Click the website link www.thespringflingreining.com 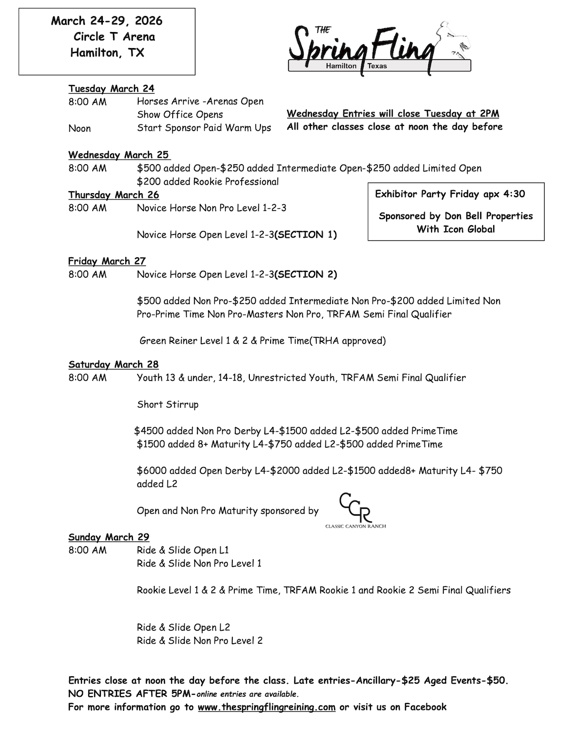[266, 707]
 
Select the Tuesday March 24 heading [111, 88]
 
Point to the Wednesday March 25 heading [119, 155]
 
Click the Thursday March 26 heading [113, 195]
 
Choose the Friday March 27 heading [107, 261]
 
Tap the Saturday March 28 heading [113, 365]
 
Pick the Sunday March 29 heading [109, 537]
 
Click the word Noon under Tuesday [80, 128]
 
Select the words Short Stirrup [167, 404]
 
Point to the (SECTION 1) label [306, 235]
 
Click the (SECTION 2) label [306, 274]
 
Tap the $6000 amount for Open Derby [152, 470]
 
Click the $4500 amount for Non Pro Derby [150, 431]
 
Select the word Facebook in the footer [425, 707]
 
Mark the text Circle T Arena [114, 37]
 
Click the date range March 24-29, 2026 [107, 21]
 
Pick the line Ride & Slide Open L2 [183, 627]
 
